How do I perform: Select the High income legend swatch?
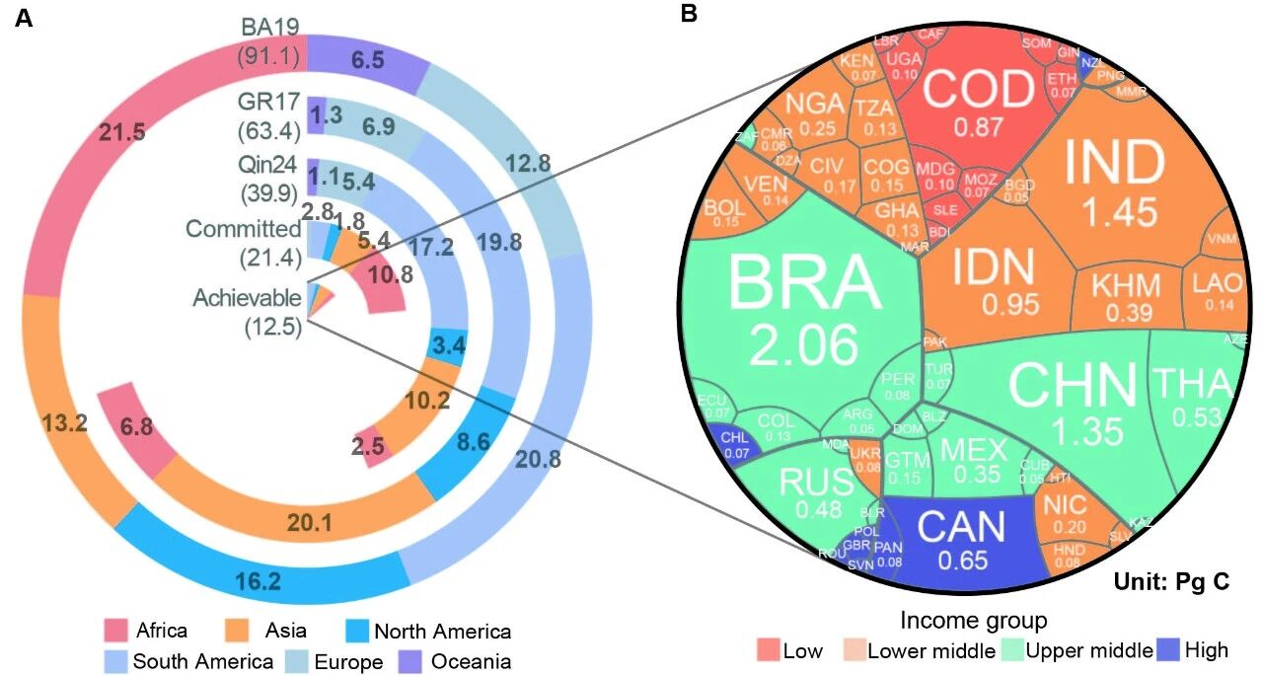pos(1171,649)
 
